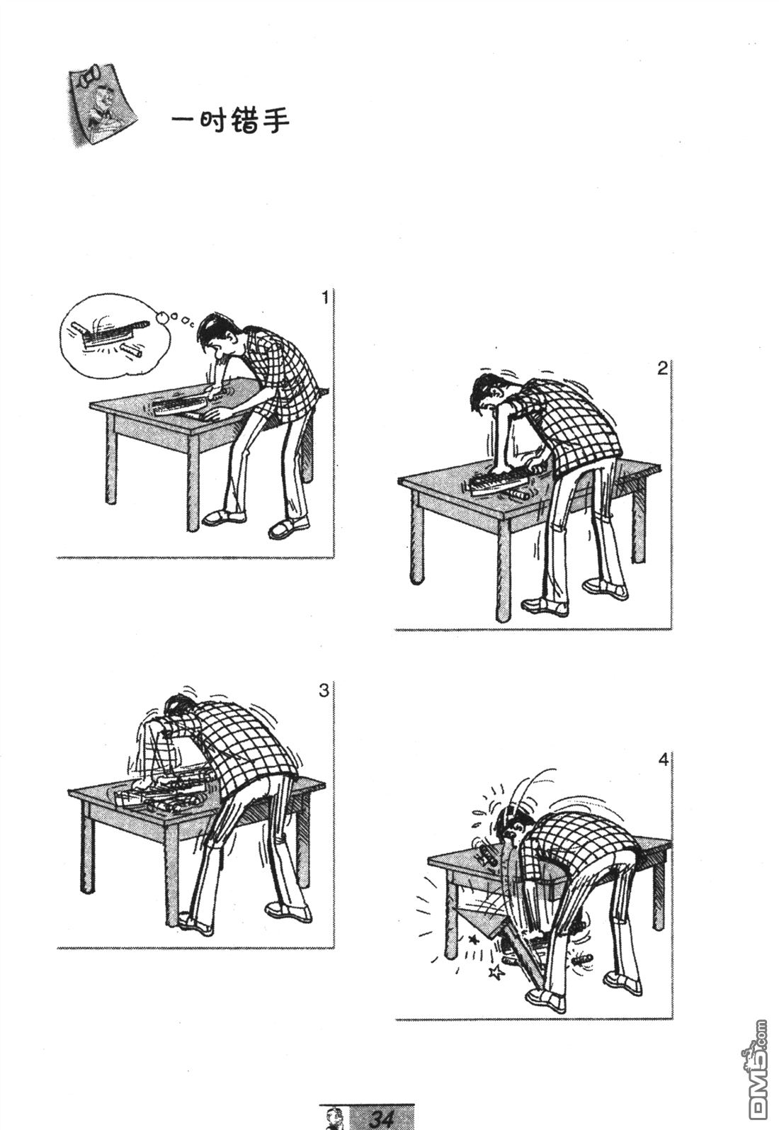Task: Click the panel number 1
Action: tap(325, 298)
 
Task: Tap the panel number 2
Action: tap(662, 368)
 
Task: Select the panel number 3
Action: tap(324, 689)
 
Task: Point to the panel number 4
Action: tap(663, 774)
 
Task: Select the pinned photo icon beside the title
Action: tap(103, 104)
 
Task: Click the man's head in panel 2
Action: tap(490, 394)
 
